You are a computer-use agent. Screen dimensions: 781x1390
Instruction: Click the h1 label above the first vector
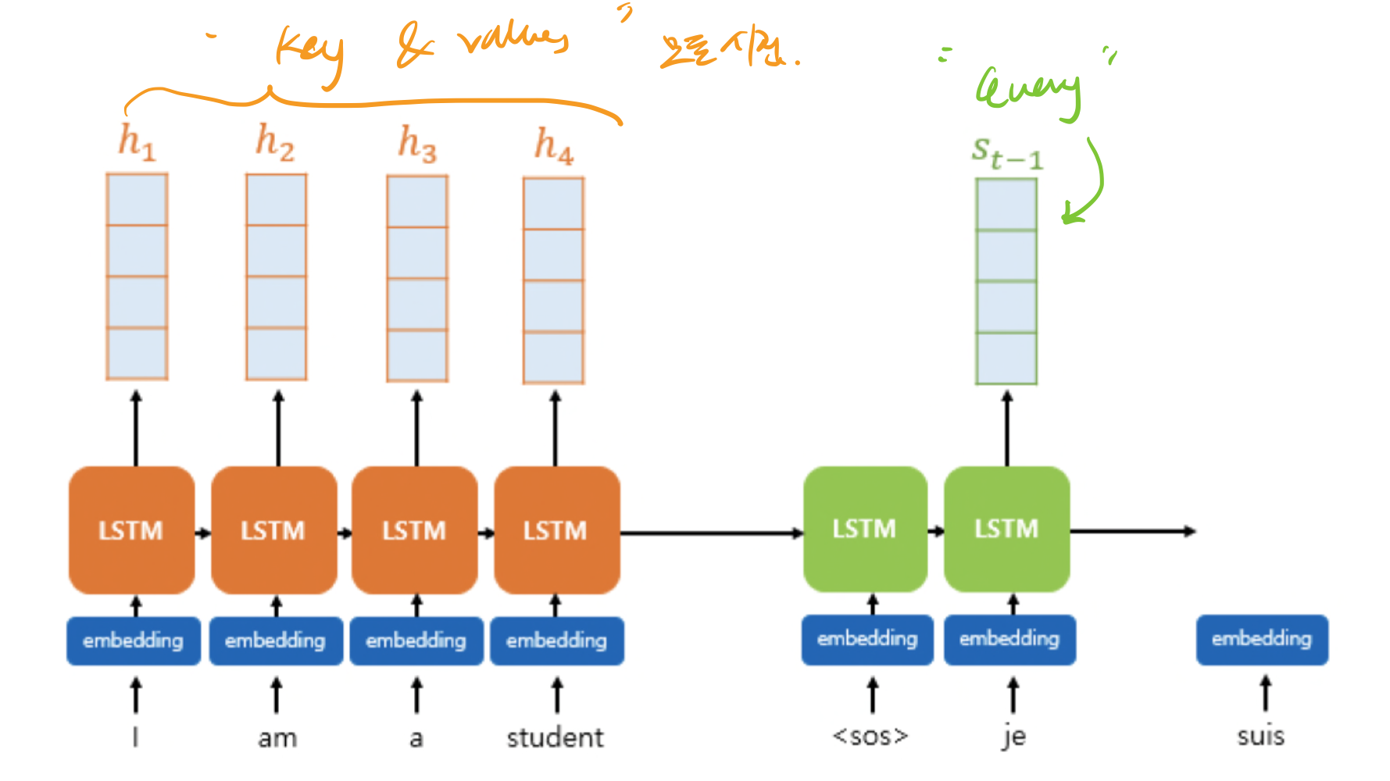pyautogui.click(x=137, y=142)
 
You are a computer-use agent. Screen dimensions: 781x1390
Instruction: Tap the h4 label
pyautogui.click(x=553, y=146)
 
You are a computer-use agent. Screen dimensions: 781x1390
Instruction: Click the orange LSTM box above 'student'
pyautogui.click(x=556, y=530)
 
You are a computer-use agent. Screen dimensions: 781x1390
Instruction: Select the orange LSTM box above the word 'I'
pyautogui.click(x=131, y=530)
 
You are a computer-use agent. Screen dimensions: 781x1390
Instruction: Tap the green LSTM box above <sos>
pyautogui.click(x=865, y=529)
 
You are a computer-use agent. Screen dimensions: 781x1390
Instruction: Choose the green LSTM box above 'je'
pyautogui.click(x=1006, y=529)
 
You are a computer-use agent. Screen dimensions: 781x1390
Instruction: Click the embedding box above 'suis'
pyautogui.click(x=1261, y=640)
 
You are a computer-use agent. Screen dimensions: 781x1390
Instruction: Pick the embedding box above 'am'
pyautogui.click(x=275, y=641)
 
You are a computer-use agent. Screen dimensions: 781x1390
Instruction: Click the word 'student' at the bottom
pyautogui.click(x=555, y=737)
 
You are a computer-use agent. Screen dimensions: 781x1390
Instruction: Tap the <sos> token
pyautogui.click(x=870, y=736)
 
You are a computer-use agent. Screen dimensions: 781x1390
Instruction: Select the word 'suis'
pyautogui.click(x=1260, y=736)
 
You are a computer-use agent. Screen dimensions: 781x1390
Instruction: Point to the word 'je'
pyautogui.click(x=1013, y=736)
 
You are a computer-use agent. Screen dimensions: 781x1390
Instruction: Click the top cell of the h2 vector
pyautogui.click(x=277, y=200)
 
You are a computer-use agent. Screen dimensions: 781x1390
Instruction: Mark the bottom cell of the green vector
pyautogui.click(x=1006, y=358)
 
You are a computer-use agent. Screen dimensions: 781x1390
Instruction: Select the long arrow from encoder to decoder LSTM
pyautogui.click(x=711, y=533)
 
